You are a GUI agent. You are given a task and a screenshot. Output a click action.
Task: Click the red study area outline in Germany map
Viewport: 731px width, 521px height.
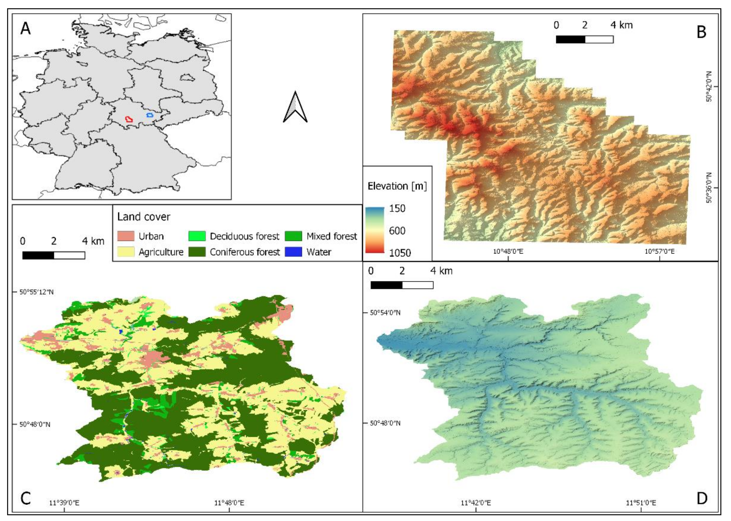pos(129,119)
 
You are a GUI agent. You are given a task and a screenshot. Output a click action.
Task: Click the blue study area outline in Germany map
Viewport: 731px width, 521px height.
pos(150,115)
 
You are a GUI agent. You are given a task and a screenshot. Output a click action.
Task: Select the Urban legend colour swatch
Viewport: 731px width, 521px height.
pos(126,236)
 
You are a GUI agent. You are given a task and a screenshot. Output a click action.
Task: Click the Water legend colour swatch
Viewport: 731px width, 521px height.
pos(293,252)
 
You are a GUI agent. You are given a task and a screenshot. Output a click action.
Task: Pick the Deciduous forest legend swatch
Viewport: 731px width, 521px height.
pos(197,236)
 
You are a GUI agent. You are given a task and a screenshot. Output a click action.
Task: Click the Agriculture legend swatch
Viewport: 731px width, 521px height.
pos(126,252)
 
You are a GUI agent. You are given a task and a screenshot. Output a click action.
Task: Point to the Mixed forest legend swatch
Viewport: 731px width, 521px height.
pos(293,236)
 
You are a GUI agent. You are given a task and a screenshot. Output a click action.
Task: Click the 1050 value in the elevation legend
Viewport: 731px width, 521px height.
pos(400,253)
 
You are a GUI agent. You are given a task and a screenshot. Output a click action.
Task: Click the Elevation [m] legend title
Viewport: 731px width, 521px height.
pos(397,186)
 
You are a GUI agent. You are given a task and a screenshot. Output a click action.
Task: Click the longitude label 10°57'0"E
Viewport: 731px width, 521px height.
pos(660,251)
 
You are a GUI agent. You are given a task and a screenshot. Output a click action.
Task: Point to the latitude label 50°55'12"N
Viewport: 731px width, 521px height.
pos(37,292)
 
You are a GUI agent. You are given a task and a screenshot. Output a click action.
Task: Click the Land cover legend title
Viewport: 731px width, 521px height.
pos(144,217)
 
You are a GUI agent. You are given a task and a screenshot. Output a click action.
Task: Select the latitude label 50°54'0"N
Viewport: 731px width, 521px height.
pos(385,312)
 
